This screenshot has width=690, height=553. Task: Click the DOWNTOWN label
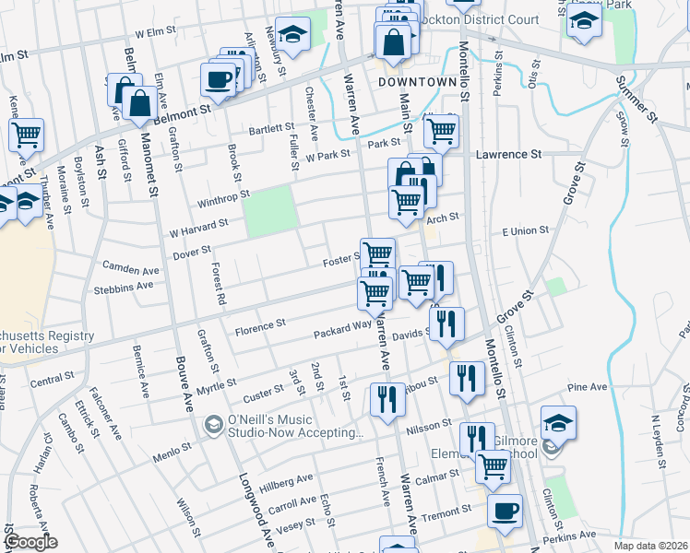pyautogui.click(x=418, y=82)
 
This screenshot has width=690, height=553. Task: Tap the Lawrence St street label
pyautogui.click(x=508, y=155)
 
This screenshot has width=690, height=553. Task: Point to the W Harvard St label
pyautogui.click(x=199, y=227)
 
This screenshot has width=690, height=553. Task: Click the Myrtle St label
pyautogui.click(x=218, y=383)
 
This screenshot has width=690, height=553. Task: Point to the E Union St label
pyautogui.click(x=525, y=230)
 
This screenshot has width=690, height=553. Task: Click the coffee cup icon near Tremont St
pyautogui.click(x=504, y=512)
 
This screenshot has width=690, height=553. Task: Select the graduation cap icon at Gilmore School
pyautogui.click(x=558, y=424)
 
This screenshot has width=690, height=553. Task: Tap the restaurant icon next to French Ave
pyautogui.click(x=386, y=400)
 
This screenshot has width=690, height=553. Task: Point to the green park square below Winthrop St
pyautogui.click(x=270, y=209)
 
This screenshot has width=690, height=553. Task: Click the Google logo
pyautogui.click(x=30, y=542)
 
